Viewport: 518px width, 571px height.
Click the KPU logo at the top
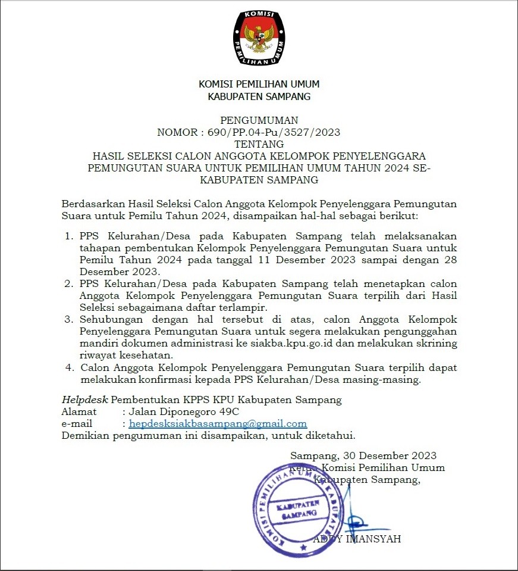(259, 38)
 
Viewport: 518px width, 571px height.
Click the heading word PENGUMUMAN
(259, 121)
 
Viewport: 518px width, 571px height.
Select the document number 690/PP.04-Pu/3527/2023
(274, 132)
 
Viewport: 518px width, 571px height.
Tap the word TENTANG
(259, 144)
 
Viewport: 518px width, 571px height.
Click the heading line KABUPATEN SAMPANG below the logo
(259, 96)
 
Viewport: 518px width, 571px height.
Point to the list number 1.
(69, 236)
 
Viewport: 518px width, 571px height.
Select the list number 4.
(69, 367)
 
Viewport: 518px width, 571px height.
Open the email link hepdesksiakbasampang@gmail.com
(218, 424)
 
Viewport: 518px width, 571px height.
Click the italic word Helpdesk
(85, 399)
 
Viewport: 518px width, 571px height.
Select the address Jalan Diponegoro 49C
(184, 411)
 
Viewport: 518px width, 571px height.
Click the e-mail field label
(77, 424)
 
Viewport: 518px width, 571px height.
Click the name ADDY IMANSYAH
(357, 539)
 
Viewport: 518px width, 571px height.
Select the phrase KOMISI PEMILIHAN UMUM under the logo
(259, 85)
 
